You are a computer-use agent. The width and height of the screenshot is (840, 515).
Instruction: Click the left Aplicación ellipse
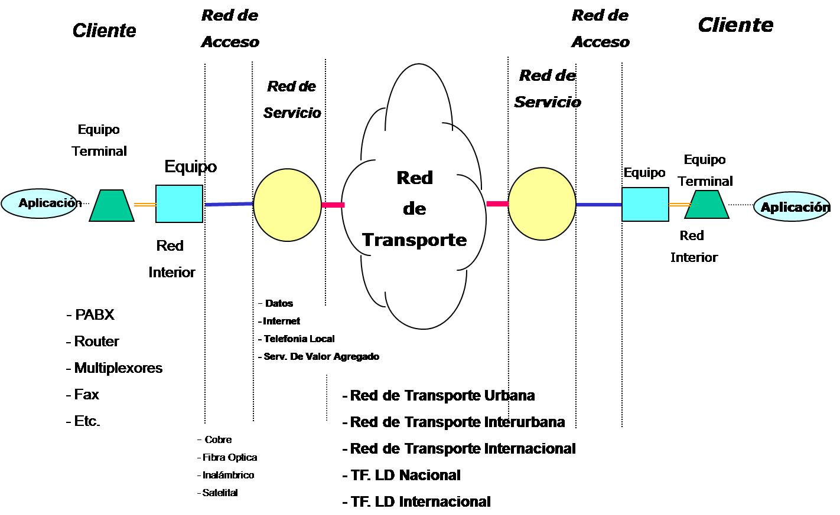39,204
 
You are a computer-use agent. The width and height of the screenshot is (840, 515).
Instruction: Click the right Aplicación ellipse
792,207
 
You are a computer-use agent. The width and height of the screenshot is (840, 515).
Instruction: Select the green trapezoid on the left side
112,206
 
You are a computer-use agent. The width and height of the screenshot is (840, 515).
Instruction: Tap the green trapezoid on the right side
706,205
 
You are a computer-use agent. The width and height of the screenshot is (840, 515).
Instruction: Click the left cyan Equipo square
179,204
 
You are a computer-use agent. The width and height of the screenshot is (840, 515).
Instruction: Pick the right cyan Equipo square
645,205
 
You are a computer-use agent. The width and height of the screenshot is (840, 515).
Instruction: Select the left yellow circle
287,205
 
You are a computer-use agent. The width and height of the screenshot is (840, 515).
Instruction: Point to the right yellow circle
542,204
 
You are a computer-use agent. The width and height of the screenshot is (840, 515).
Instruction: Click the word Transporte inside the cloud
414,240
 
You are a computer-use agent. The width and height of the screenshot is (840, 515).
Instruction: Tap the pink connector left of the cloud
333,205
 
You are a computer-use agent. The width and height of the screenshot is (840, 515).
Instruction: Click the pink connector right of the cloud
497,204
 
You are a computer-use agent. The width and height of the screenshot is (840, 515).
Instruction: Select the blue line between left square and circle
229,204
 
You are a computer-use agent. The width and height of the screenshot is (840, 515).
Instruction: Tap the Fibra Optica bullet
229,457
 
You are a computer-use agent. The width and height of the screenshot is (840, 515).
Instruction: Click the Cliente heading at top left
104,31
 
